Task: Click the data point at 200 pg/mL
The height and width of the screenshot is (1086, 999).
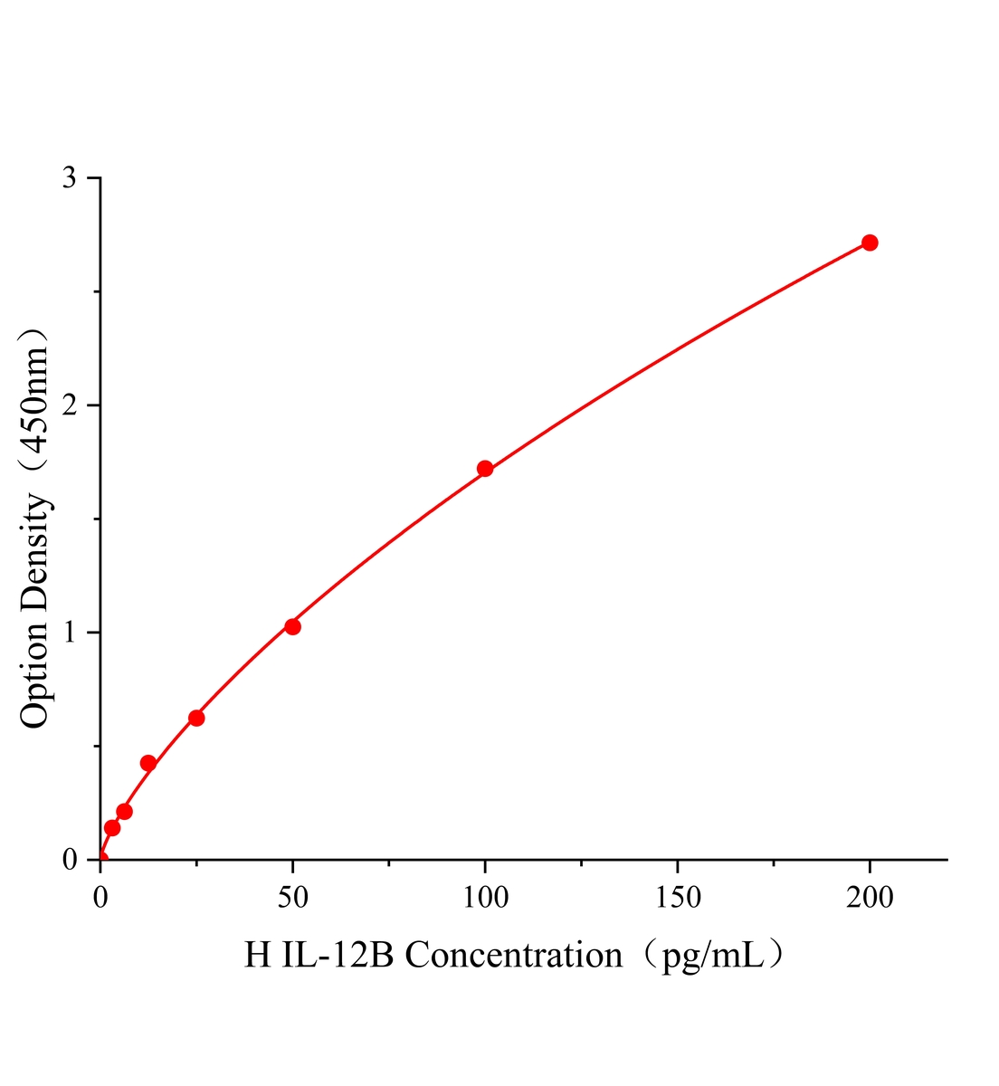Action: (x=870, y=243)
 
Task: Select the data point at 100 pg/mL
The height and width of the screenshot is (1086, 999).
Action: (x=485, y=469)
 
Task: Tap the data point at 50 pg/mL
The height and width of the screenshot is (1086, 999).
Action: (x=292, y=626)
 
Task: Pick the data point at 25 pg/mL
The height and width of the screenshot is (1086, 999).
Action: (x=196, y=718)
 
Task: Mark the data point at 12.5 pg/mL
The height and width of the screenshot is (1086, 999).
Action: (x=148, y=763)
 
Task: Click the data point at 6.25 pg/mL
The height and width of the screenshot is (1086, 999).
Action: (x=125, y=811)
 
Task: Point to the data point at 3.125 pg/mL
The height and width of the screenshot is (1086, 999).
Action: (x=112, y=827)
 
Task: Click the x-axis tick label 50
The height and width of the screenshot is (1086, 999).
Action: (x=292, y=897)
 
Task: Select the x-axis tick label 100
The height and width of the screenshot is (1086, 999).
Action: (x=485, y=897)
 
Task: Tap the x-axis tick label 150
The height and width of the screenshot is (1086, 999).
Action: (x=678, y=897)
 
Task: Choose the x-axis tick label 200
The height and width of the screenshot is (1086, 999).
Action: (x=870, y=897)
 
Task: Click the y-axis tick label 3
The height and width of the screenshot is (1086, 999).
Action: (x=69, y=178)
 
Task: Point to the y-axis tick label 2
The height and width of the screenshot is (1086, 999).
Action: (x=69, y=405)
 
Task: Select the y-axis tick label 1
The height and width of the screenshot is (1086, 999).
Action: (x=69, y=633)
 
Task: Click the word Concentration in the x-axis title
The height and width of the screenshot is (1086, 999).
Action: (x=513, y=956)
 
